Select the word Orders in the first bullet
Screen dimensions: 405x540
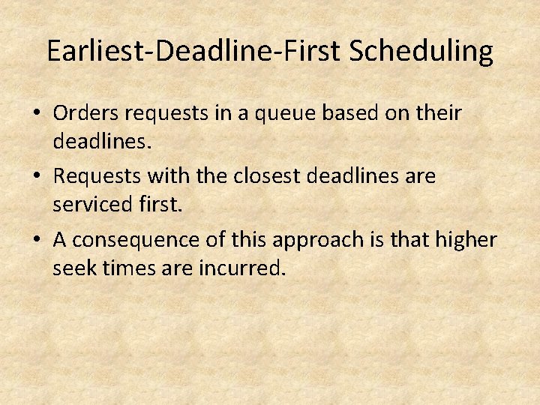coord(87,113)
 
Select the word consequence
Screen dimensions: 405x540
coord(133,240)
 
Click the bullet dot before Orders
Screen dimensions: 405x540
coord(37,115)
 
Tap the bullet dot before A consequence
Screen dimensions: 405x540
coord(37,241)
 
